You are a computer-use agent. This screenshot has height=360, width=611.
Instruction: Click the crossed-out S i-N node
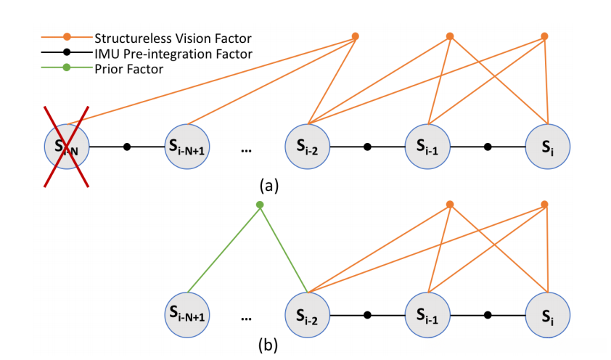tap(67, 147)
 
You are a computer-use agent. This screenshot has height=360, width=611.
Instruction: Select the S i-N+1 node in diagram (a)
tap(187, 147)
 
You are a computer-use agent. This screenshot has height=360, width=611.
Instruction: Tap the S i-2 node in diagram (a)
tap(308, 147)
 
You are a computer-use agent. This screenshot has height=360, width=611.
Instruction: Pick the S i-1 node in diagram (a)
tap(427, 147)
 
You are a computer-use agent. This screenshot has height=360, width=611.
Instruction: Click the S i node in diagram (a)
tap(548, 147)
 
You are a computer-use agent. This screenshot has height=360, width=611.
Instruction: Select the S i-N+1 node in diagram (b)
tap(187, 315)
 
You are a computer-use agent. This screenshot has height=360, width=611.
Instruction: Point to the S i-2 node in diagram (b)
tap(308, 315)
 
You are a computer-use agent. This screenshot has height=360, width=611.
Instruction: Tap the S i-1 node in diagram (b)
tap(427, 315)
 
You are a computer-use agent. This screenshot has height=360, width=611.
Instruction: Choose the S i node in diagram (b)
tap(548, 315)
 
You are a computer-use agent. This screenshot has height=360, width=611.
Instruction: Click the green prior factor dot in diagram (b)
tap(260, 205)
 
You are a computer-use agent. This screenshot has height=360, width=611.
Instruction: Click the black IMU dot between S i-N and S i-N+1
tap(127, 147)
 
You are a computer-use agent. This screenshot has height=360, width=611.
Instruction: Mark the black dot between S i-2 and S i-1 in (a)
tap(367, 147)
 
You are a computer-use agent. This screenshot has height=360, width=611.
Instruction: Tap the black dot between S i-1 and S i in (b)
tap(488, 315)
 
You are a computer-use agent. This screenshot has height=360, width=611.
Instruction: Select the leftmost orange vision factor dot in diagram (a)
tap(356, 36)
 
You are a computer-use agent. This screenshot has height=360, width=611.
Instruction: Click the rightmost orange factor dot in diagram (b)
tap(545, 204)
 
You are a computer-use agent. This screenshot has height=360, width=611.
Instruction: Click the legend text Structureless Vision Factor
tap(173, 38)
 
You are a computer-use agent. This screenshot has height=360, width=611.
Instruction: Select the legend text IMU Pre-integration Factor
tap(173, 54)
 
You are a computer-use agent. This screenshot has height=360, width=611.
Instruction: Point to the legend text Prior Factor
tap(129, 69)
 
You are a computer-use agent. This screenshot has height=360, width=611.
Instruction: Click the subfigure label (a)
tap(269, 186)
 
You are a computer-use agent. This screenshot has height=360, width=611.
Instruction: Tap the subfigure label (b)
tap(268, 345)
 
